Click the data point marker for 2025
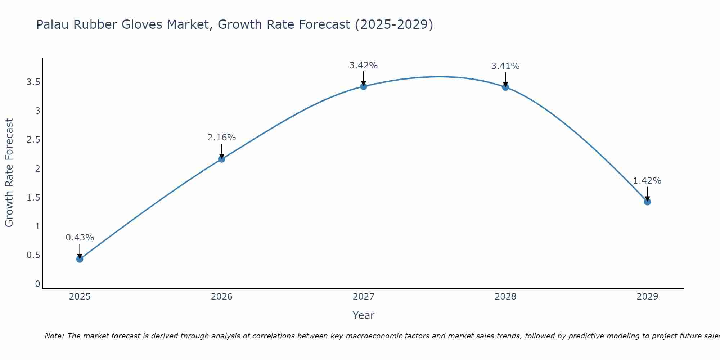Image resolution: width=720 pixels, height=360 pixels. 80,259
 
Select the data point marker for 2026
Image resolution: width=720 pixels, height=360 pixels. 221,159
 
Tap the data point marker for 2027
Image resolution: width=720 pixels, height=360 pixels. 363,86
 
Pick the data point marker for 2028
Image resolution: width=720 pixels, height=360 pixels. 505,87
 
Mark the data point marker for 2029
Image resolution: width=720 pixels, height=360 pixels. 647,202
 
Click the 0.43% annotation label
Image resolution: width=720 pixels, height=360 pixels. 80,238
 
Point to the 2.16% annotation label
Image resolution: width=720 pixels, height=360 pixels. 221,138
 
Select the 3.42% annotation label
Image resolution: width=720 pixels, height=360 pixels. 363,66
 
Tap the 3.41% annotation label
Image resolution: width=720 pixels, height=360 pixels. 505,66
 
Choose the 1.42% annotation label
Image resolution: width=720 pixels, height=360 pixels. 647,181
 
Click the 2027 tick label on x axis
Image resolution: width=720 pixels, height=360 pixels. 363,297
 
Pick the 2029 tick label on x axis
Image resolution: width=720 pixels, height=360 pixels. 647,297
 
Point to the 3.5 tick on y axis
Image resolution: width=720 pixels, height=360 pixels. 33,82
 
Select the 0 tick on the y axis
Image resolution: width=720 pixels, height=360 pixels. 37,284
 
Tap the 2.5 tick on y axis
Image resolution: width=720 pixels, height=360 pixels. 33,140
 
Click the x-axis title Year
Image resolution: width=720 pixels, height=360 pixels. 363,315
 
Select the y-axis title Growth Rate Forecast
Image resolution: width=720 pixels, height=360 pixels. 9,172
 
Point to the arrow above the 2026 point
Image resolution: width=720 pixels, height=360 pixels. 221,150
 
